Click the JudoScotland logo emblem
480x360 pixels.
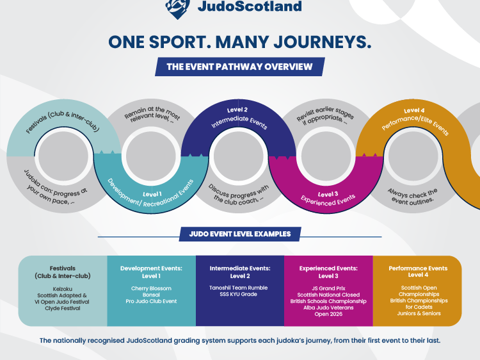177,8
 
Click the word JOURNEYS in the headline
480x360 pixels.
323,42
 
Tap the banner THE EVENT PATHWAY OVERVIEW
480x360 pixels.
240,67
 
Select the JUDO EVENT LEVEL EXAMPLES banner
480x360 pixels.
240,234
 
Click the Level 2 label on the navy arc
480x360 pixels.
237,110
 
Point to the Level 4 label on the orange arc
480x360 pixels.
414,110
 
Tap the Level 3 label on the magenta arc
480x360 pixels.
328,194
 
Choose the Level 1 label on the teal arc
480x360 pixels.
152,194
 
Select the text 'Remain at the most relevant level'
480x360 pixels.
152,115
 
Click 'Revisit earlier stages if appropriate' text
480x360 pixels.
325,116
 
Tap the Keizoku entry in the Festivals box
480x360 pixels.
63,289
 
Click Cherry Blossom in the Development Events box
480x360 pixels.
151,288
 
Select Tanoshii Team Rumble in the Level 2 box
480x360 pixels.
239,288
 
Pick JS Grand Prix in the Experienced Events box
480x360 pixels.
328,288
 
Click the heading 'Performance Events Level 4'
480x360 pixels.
418,272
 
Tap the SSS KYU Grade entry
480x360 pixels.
239,294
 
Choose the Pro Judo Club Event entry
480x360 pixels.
151,301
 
